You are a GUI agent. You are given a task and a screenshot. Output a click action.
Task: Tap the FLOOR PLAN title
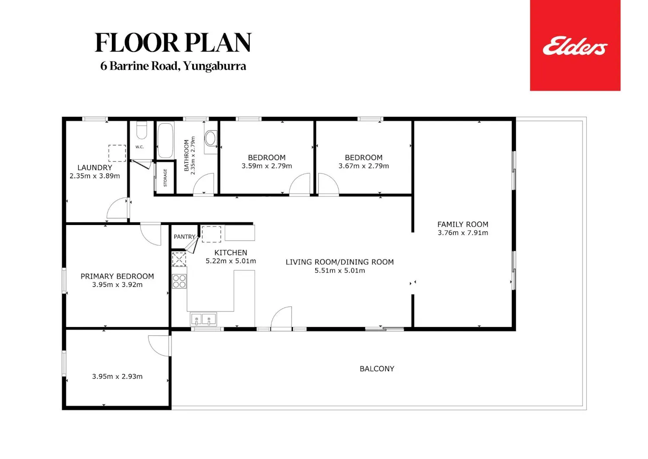point(173,42)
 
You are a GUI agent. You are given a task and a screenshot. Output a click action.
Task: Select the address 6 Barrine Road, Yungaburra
point(173,66)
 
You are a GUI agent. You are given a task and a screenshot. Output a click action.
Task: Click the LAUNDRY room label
point(95,167)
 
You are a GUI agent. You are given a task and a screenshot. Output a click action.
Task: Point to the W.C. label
point(140,147)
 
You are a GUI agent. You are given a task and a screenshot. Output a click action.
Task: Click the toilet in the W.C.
point(141,130)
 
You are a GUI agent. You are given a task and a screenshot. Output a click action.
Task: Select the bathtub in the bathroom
point(165,140)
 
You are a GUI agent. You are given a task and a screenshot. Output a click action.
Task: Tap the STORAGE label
point(165,178)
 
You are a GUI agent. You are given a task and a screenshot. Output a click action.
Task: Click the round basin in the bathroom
point(211,138)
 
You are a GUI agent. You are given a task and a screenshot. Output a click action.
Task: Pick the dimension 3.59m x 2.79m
point(267,166)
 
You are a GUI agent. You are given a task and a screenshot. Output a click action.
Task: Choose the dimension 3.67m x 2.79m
point(364,166)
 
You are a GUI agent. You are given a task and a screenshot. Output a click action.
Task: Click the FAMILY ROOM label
point(463,224)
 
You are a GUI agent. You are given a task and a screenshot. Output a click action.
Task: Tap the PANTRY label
point(184,237)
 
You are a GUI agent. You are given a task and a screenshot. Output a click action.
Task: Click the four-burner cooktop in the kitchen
point(179,281)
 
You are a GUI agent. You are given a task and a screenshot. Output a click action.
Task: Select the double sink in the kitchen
point(203,319)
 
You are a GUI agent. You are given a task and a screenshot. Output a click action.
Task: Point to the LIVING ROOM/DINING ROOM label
point(340,262)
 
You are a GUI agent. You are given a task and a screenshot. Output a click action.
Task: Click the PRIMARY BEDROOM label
point(117,276)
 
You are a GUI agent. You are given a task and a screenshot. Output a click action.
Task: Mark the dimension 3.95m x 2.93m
point(117,376)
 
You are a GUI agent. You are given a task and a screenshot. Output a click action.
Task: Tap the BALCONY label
point(377,369)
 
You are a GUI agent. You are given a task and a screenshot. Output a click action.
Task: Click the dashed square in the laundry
point(117,153)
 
